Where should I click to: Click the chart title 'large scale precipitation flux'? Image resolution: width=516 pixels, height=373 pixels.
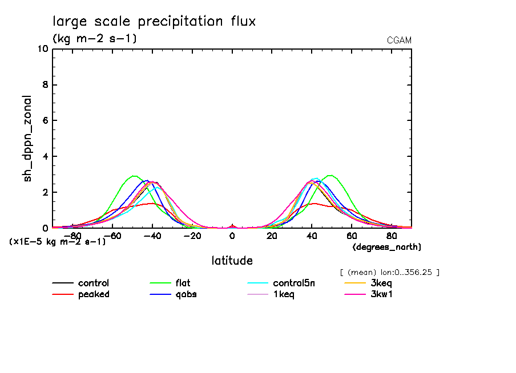154,22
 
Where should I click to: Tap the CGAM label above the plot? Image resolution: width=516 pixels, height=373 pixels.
399,40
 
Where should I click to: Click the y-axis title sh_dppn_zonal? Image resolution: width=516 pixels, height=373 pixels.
27,139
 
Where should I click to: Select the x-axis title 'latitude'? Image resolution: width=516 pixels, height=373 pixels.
232,261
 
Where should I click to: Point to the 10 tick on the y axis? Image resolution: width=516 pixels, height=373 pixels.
42,49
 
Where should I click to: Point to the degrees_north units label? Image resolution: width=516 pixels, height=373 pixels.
387,247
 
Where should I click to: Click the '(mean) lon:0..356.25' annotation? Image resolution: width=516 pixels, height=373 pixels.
389,272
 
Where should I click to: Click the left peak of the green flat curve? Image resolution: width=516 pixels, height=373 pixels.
134,176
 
